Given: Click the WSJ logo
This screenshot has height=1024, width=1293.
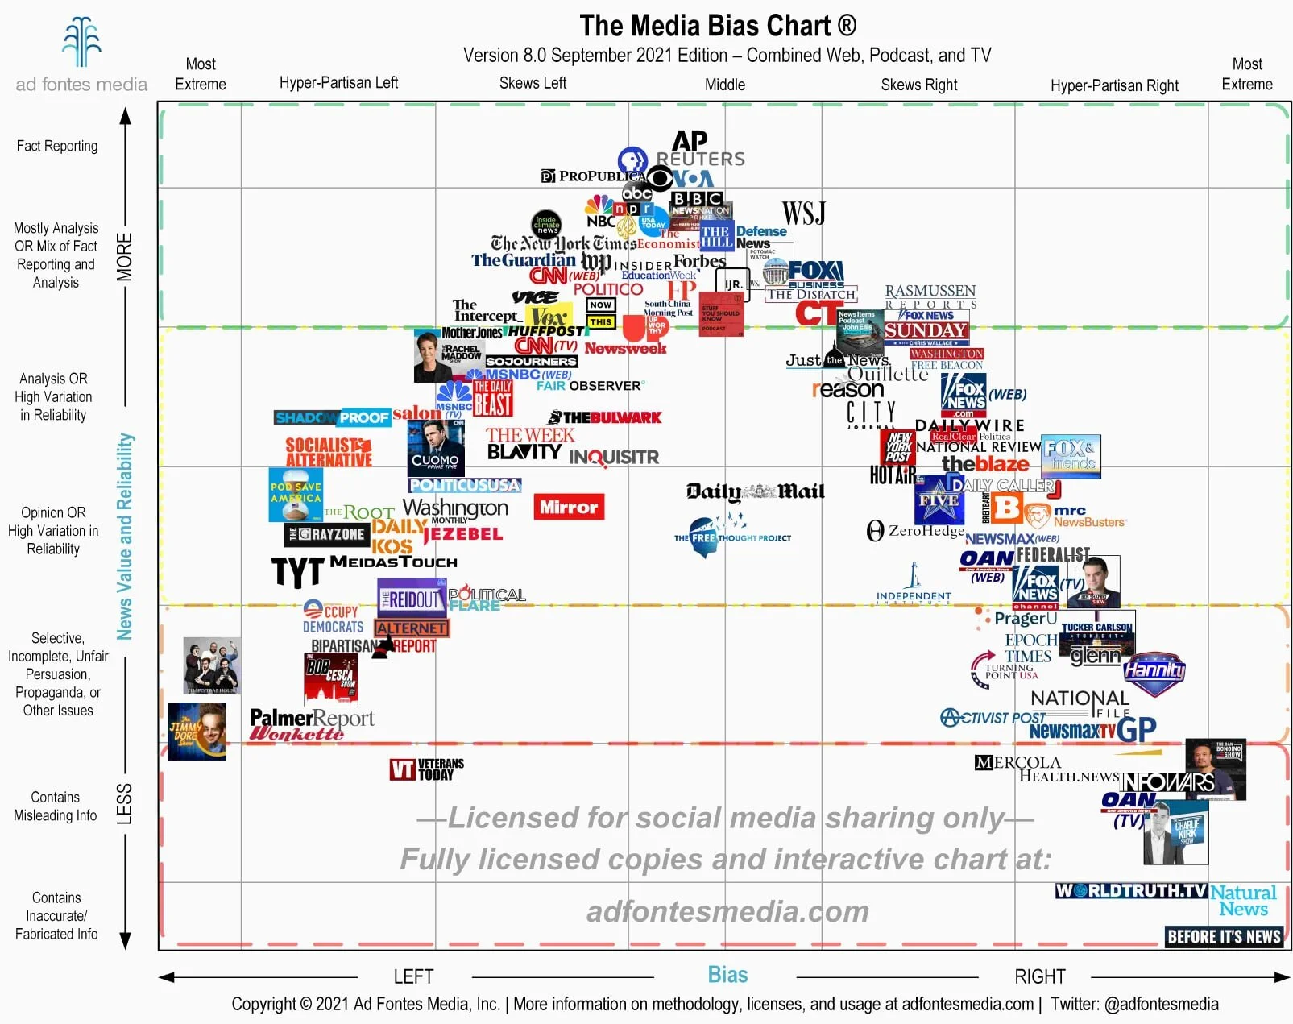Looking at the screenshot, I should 803,214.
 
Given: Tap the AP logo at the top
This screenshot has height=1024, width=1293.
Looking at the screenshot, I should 690,141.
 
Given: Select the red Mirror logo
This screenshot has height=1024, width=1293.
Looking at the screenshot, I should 569,507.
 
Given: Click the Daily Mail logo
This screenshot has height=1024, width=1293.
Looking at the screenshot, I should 755,491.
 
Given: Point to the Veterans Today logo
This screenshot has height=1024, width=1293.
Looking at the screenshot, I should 427,769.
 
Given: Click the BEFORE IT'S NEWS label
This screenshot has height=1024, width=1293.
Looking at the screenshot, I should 1224,936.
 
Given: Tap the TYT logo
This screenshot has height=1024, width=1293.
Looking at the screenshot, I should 296,572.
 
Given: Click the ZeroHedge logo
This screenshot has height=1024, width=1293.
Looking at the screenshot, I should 915,530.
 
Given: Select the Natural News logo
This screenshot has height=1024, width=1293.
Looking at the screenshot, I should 1243,900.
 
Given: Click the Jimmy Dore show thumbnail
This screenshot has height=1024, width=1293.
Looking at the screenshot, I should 197,731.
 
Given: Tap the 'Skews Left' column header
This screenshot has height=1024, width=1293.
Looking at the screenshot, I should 533,83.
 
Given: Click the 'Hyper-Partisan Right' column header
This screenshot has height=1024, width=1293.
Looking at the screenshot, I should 1113,85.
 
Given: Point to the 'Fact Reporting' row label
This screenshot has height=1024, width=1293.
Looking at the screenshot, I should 57,146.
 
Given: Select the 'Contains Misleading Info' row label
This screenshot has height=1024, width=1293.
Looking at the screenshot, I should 55,806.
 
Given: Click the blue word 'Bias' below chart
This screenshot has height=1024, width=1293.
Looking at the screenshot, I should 727,975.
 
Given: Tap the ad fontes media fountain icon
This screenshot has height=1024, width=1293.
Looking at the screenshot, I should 81,42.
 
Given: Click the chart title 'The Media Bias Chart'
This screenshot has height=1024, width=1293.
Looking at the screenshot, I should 717,26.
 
